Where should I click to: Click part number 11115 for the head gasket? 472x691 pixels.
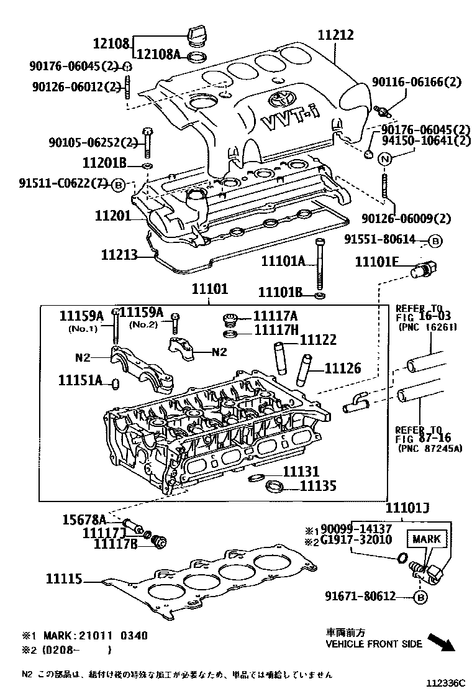pos(63,579)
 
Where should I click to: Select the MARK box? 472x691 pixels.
pos(426,539)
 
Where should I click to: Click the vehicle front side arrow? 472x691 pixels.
pos(442,641)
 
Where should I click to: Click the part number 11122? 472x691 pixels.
pos(318,340)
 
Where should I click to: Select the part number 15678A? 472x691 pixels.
pos(84,519)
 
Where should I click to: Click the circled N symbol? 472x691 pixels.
pos(384,158)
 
